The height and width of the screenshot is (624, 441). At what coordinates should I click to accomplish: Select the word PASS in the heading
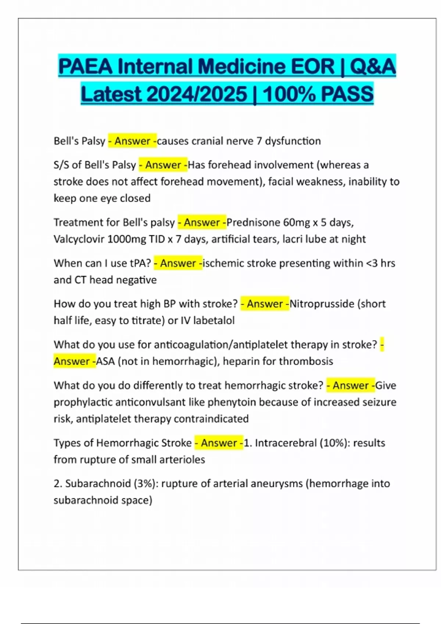point(347,94)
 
